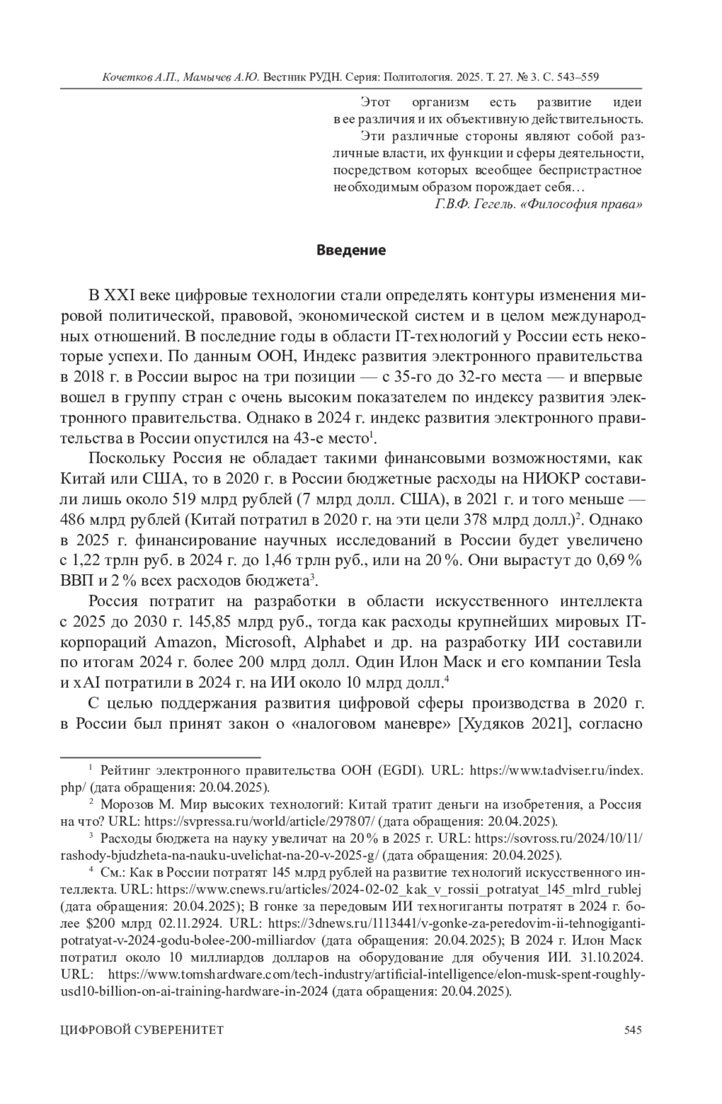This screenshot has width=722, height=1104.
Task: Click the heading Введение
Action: (x=351, y=250)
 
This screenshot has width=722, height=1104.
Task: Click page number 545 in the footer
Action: (x=633, y=1030)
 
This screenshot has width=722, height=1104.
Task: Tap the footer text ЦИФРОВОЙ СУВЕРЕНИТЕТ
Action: (x=142, y=1030)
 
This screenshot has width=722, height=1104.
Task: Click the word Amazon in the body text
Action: (x=185, y=642)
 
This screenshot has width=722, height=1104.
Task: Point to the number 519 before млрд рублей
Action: (x=188, y=499)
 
